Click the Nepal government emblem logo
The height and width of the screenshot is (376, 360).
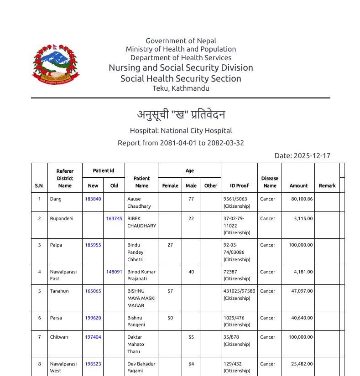(x=55, y=64)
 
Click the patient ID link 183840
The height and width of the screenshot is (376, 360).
(x=93, y=199)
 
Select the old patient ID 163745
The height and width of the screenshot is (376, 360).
(x=114, y=219)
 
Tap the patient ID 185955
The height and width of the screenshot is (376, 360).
(x=93, y=245)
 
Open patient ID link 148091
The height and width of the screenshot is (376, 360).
(x=114, y=272)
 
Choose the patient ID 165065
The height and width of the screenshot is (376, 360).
(x=93, y=291)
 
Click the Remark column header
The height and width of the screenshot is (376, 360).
(x=327, y=186)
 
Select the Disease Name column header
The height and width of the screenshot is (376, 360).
(x=270, y=182)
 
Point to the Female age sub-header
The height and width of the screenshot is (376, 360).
(x=170, y=186)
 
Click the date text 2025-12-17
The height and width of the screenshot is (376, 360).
(x=312, y=156)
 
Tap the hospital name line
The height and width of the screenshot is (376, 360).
(x=181, y=131)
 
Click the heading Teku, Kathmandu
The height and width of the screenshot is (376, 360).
(x=181, y=88)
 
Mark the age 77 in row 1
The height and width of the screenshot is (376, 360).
(x=191, y=199)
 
